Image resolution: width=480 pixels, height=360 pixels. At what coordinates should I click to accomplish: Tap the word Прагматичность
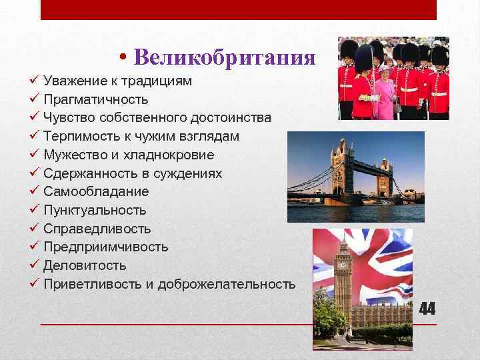[95, 100]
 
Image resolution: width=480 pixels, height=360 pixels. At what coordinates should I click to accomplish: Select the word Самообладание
[96, 192]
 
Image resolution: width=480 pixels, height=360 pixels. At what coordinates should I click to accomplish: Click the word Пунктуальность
[95, 211]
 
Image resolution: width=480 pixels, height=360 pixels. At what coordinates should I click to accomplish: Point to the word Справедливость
[97, 229]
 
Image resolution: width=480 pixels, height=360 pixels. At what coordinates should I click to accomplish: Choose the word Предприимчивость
[105, 247]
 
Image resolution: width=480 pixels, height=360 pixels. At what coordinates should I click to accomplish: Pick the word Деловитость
[85, 265]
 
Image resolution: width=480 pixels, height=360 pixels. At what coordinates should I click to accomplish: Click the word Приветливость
[93, 284]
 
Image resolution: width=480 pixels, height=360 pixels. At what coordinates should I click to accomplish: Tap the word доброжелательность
[227, 284]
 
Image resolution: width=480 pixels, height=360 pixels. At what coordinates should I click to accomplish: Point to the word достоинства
[231, 118]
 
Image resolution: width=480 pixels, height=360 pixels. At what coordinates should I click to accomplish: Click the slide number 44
[427, 309]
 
